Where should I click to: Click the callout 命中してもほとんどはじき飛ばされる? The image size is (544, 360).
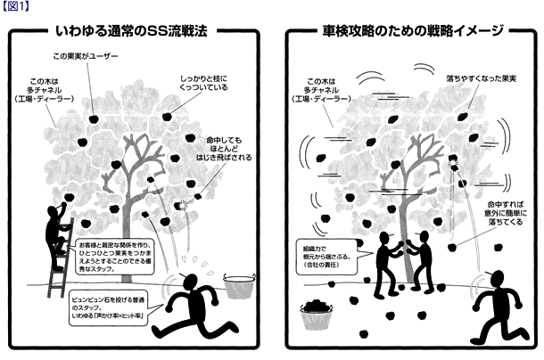click(x=231, y=150)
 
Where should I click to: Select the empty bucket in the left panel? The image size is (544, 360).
click(x=236, y=287)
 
